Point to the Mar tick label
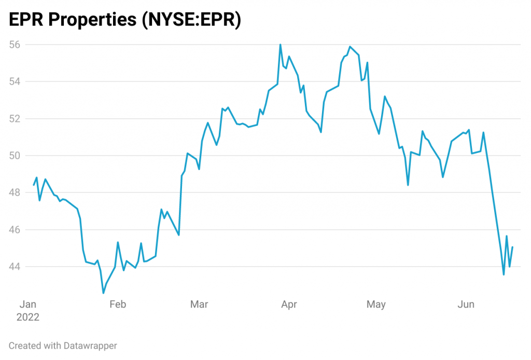[199, 304]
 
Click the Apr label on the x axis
[289, 304]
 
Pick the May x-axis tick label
[376, 304]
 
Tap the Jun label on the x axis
[466, 304]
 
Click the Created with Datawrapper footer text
[63, 345]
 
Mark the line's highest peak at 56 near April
[280, 45]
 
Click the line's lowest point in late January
[103, 293]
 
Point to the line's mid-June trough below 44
[504, 274]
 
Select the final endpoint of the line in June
[512, 247]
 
